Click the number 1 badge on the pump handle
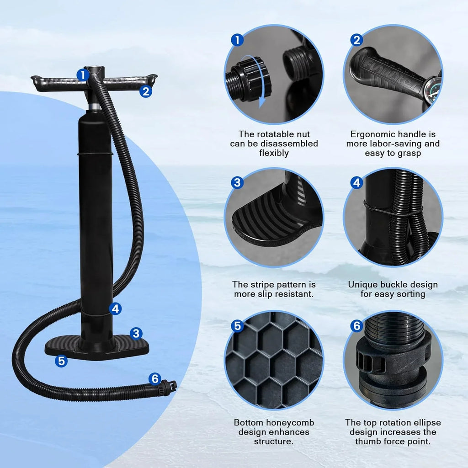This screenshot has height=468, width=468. [x=82, y=74]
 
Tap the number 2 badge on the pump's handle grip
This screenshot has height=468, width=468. [x=145, y=91]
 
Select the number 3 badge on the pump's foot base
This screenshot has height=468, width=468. [x=136, y=333]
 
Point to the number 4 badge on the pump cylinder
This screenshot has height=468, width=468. [x=116, y=308]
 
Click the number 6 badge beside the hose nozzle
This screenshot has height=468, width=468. [x=155, y=378]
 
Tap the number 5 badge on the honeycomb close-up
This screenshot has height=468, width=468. [x=237, y=326]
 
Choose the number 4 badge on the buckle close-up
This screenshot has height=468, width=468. [x=356, y=183]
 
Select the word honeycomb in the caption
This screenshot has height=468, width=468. [x=288, y=423]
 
